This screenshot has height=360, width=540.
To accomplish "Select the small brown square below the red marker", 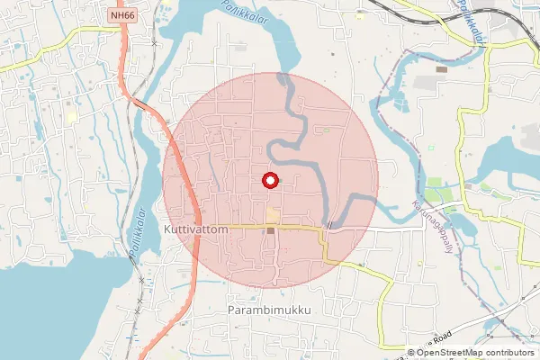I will pos(270,231).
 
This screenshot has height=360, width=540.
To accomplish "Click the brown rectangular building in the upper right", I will pos(441,68).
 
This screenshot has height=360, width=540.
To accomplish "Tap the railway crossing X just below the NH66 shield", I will pos(155,42).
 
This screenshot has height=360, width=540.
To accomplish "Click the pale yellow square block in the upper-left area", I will pos(71,117).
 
